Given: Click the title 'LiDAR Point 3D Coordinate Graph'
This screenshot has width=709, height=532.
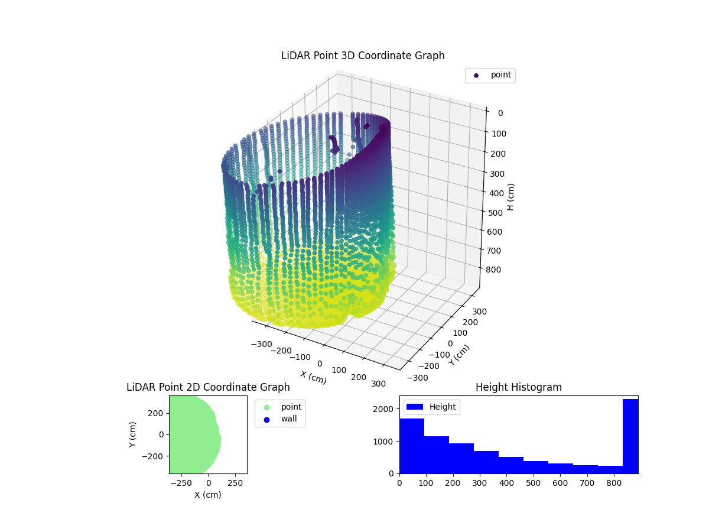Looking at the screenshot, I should tap(363, 56).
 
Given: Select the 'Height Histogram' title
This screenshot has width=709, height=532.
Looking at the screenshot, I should tap(518, 387).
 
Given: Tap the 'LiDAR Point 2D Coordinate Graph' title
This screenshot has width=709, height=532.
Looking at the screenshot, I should tap(208, 387).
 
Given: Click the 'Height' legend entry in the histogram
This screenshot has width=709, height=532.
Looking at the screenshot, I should tap(431, 407).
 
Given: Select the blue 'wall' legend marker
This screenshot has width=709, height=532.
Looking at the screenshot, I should tap(266, 420).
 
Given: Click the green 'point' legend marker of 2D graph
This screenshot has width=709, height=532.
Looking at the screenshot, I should tap(266, 407).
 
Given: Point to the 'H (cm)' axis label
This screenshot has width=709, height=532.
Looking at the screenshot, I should tap(511, 197).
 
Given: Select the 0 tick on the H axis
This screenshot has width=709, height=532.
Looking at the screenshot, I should tap(500, 113).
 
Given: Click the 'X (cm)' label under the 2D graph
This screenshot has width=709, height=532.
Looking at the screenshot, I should tap(208, 495).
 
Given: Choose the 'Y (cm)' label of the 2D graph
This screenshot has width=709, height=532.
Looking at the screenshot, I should tap(134, 434).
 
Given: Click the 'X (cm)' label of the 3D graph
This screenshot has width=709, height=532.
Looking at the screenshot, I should tap(313, 377).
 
